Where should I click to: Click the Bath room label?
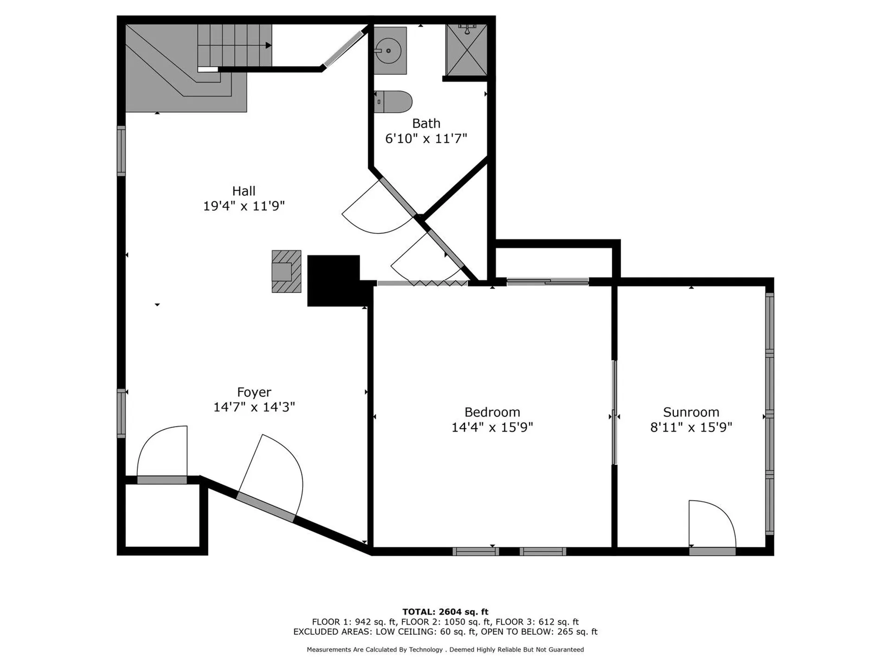click(426, 123)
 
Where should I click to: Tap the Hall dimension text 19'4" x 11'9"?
click(244, 206)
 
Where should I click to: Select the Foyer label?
click(254, 392)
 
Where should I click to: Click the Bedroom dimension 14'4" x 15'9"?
click(492, 427)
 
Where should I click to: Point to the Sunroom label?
click(691, 412)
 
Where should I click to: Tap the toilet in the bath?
click(394, 102)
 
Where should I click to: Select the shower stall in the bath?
click(466, 50)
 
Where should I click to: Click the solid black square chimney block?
click(334, 280)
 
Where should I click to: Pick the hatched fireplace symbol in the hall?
click(286, 271)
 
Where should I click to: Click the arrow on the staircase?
click(268, 45)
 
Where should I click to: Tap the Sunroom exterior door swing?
click(711, 524)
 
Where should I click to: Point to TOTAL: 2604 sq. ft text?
click(445, 612)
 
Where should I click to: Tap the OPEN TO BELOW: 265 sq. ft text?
click(539, 632)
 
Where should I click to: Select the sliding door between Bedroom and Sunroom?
click(614, 413)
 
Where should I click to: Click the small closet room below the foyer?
click(162, 515)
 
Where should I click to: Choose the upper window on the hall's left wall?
click(121, 151)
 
